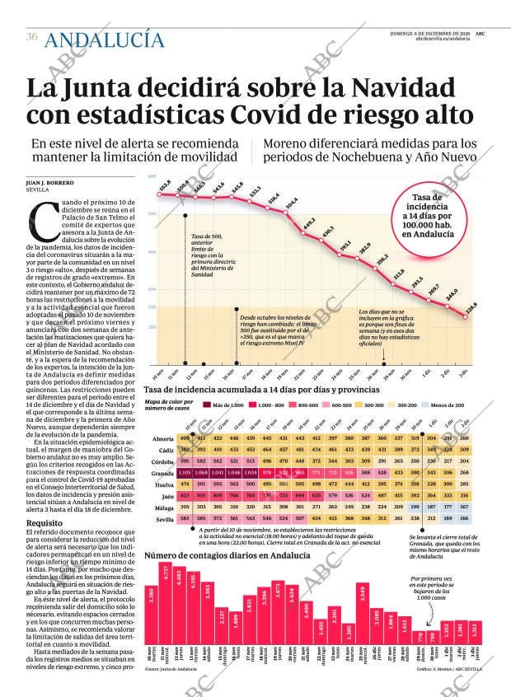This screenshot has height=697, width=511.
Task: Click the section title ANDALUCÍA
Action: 104,39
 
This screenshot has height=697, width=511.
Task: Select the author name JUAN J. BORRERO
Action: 51,182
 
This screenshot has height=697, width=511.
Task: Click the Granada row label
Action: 162,474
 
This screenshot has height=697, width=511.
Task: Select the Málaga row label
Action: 164,508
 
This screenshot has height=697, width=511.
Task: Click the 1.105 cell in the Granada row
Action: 185,474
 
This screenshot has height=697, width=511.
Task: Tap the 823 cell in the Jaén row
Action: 185,496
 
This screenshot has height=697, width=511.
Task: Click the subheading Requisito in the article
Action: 44,522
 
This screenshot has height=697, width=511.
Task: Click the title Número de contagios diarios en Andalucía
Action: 227,555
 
